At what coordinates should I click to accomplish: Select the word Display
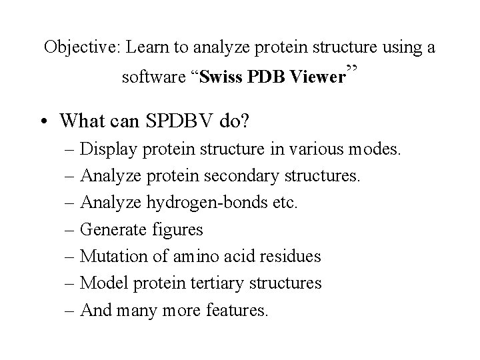(105, 149)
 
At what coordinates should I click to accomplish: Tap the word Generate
(111, 229)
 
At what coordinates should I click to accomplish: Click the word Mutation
(110, 256)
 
